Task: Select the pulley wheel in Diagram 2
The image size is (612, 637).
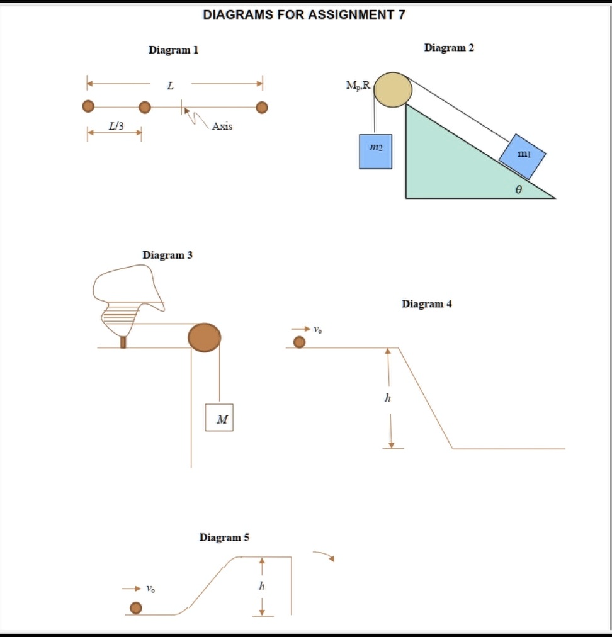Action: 393,90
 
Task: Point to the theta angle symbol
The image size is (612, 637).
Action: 519,188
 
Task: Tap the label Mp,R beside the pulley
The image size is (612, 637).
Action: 358,85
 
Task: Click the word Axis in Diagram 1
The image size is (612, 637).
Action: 222,127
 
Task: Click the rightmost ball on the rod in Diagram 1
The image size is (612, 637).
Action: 262,107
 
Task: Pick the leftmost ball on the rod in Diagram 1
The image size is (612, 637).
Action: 89,107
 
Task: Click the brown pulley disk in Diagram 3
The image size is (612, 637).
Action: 204,337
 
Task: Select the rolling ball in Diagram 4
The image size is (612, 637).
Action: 300,342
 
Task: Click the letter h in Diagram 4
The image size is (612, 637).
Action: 388,398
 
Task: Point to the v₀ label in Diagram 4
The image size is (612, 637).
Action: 317,329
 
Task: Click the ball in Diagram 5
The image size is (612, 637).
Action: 136,607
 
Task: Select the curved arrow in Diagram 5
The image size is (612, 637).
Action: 324,556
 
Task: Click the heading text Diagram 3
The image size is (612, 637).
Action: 167,255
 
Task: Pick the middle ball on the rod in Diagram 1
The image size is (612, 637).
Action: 145,107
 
